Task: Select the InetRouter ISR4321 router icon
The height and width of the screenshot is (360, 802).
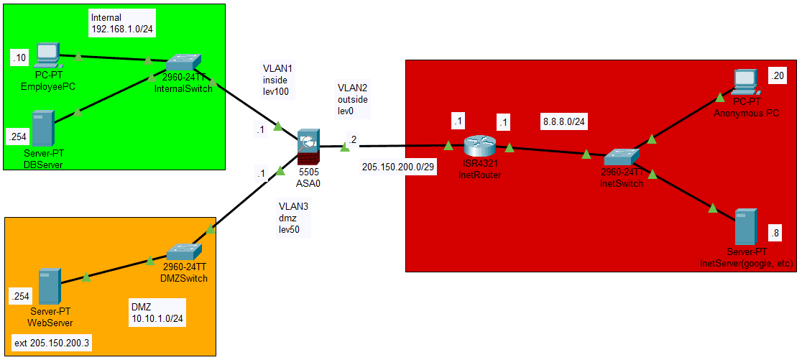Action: pos(479,146)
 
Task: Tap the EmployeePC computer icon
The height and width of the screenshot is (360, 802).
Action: pos(46,55)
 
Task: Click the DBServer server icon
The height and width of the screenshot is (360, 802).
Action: pos(43,128)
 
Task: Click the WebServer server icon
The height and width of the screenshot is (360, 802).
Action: pos(49,285)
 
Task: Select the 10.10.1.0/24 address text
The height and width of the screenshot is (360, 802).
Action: pos(158,317)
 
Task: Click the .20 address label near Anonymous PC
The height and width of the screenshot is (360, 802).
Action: pos(777,75)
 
